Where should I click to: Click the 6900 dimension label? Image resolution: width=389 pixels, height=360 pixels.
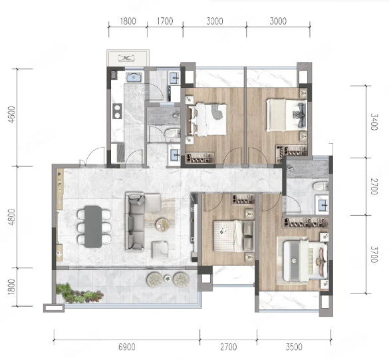coord(127,347)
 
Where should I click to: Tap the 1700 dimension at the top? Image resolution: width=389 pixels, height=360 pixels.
coord(165,21)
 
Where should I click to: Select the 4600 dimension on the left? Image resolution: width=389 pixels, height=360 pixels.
coord(12,114)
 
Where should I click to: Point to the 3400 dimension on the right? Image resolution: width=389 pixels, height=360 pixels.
coord(374,122)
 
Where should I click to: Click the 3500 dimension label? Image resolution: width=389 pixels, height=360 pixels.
coord(294,347)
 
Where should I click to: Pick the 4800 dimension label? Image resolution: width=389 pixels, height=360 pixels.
coord(12,218)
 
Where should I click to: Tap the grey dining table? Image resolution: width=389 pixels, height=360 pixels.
coord(93,227)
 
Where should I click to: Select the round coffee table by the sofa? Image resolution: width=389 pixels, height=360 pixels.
coord(163,225)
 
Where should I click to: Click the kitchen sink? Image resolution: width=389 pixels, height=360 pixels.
coord(134,77)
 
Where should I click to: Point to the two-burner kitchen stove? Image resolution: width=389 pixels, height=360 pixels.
coord(117,111)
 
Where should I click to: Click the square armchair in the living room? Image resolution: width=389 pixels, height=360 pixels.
coord(160,250)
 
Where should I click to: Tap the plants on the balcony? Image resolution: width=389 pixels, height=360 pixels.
coord(79,293)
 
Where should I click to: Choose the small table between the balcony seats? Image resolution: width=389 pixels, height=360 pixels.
coord(168,279)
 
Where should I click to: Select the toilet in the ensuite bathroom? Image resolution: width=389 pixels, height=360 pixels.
coord(321,186)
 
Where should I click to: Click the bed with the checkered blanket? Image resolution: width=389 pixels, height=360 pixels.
coord(233,236)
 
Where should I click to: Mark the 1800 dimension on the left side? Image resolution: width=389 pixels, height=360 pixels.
coord(12,287)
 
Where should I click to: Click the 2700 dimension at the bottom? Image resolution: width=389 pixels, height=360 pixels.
coord(229,347)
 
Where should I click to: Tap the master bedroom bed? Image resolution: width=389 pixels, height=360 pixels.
coord(305,261)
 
